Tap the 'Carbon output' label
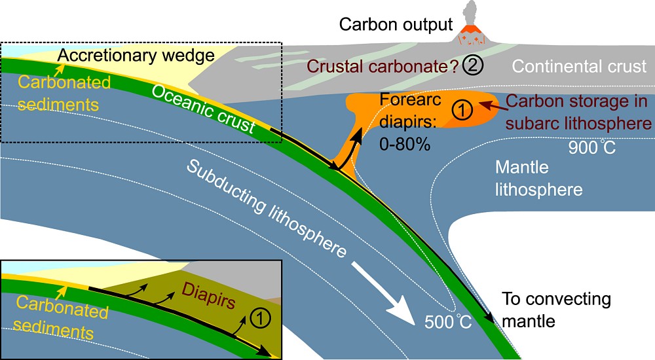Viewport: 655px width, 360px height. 396,25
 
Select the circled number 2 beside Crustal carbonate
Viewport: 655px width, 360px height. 470,65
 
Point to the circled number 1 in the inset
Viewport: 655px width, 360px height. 260,319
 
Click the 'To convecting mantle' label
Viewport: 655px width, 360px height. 556,310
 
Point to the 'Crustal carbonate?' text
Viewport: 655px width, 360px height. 383,66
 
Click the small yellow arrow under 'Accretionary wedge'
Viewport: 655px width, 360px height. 62,70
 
